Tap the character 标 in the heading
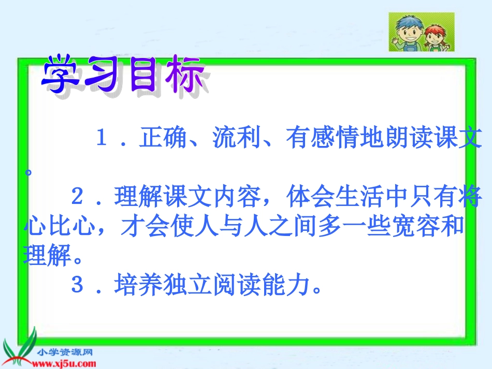coord(185,75)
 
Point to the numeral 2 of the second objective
coord(77,197)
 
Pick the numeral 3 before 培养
coord(77,284)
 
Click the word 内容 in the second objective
coord(237,197)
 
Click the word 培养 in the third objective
coord(138,284)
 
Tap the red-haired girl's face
coord(436,38)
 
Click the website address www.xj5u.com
coord(64,364)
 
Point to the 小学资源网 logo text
coord(65,352)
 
